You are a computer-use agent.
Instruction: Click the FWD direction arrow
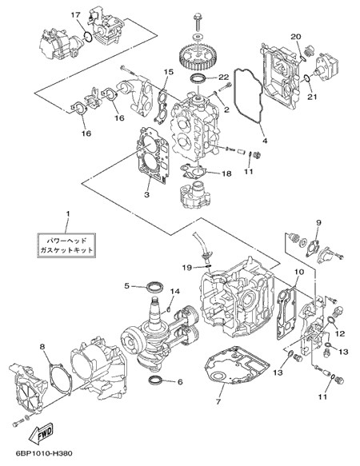tap(41, 433)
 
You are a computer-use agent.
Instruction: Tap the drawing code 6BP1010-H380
tap(44, 453)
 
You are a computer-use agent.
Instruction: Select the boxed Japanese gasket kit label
tap(66, 245)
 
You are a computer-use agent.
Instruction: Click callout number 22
tap(223, 77)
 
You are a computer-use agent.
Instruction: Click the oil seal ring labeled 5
tap(155, 287)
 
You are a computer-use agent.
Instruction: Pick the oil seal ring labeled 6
tap(156, 380)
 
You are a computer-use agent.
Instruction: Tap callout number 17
tap(75, 14)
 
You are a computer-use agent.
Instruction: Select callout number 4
tap(265, 140)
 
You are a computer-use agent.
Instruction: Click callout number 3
tap(146, 195)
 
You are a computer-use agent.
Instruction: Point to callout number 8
tap(42, 346)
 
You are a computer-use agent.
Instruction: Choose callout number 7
tap(218, 402)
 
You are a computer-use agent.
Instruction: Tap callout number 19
tap(187, 268)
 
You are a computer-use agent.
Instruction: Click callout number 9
tap(318, 222)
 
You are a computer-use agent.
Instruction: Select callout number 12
tap(340, 334)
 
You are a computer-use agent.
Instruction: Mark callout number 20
tap(296, 37)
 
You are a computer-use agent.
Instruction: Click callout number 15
tap(168, 72)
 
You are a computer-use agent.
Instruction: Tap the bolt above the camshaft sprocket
tap(198, 22)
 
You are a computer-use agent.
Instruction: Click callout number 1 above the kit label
tap(68, 213)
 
